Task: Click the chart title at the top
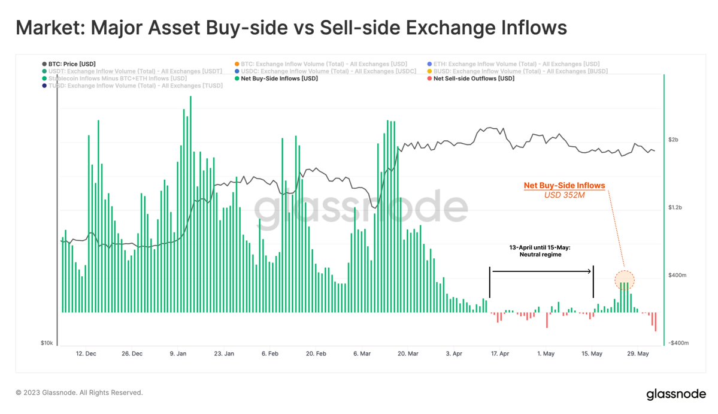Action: [290, 28]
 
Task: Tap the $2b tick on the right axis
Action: [674, 140]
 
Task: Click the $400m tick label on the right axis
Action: [677, 275]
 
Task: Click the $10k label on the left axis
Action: [47, 343]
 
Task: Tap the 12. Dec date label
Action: [86, 354]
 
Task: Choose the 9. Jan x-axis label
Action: [178, 354]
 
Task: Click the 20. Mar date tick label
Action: [408, 354]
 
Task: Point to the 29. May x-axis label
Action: [638, 354]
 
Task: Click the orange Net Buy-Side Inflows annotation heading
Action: [564, 186]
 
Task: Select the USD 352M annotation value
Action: [564, 195]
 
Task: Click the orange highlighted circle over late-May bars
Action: [624, 280]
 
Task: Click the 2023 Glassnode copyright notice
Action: [79, 393]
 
